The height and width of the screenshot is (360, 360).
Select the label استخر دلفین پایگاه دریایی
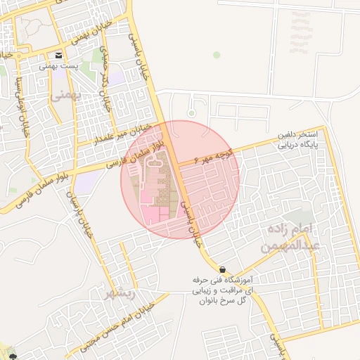pyautogui.click(x=300, y=140)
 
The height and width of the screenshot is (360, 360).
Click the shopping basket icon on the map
pyautogui.click(x=223, y=269)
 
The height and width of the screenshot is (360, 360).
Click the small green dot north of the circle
pyautogui.click(x=217, y=54)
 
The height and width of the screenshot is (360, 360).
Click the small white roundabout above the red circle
pyautogui.click(x=191, y=112)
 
